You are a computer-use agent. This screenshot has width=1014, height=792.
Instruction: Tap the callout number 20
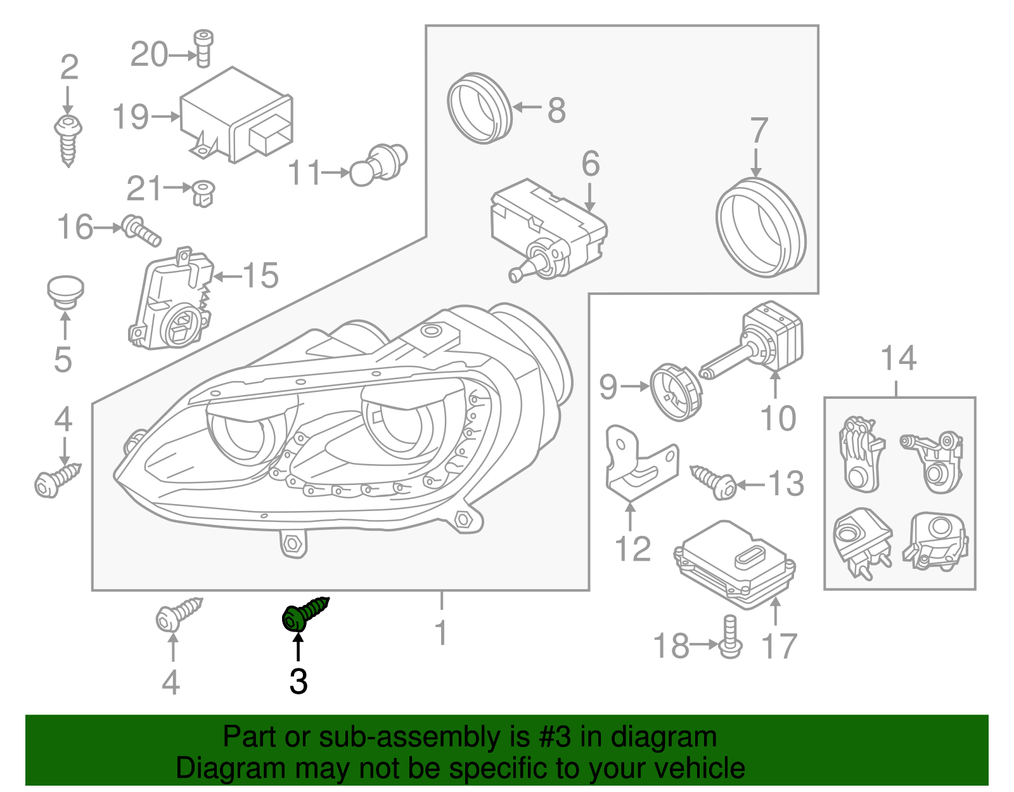point(149,55)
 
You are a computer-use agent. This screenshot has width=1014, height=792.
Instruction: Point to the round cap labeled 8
point(479,109)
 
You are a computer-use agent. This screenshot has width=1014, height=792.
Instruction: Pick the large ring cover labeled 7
point(760,227)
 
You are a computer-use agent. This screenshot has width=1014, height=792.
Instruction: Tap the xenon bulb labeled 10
point(754,345)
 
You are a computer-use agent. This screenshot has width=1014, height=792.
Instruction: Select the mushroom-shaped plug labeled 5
point(66,292)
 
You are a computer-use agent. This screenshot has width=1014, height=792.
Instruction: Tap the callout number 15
point(260,275)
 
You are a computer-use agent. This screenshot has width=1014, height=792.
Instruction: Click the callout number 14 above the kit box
point(898,358)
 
